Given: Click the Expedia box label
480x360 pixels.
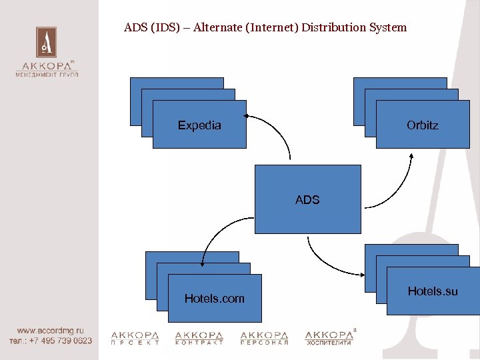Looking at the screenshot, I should tap(199, 125).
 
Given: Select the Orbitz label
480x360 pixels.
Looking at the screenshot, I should tap(423, 125).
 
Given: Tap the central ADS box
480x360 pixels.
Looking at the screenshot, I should tap(307, 199).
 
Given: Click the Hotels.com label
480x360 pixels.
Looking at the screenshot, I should tap(214, 299).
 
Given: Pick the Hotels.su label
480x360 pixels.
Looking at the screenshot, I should tap(433, 291).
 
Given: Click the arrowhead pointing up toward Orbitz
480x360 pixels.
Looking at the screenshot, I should tap(411, 157).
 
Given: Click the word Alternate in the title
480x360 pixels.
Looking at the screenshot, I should tap(213, 28).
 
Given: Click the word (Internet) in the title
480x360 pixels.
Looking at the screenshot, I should tap(272, 28).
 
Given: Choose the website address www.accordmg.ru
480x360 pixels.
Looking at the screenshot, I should tap(51, 330).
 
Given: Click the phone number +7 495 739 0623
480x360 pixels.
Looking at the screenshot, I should tap(60, 340).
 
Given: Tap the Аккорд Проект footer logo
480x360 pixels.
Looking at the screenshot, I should tap(135, 338).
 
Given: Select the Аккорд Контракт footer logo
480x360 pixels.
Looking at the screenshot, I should tap(199, 338).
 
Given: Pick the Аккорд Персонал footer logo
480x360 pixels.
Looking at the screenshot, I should tap(264, 338).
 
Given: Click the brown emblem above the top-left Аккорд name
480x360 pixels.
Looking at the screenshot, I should tap(46, 42).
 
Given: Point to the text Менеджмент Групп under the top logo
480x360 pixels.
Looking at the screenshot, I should tap(47, 75).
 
